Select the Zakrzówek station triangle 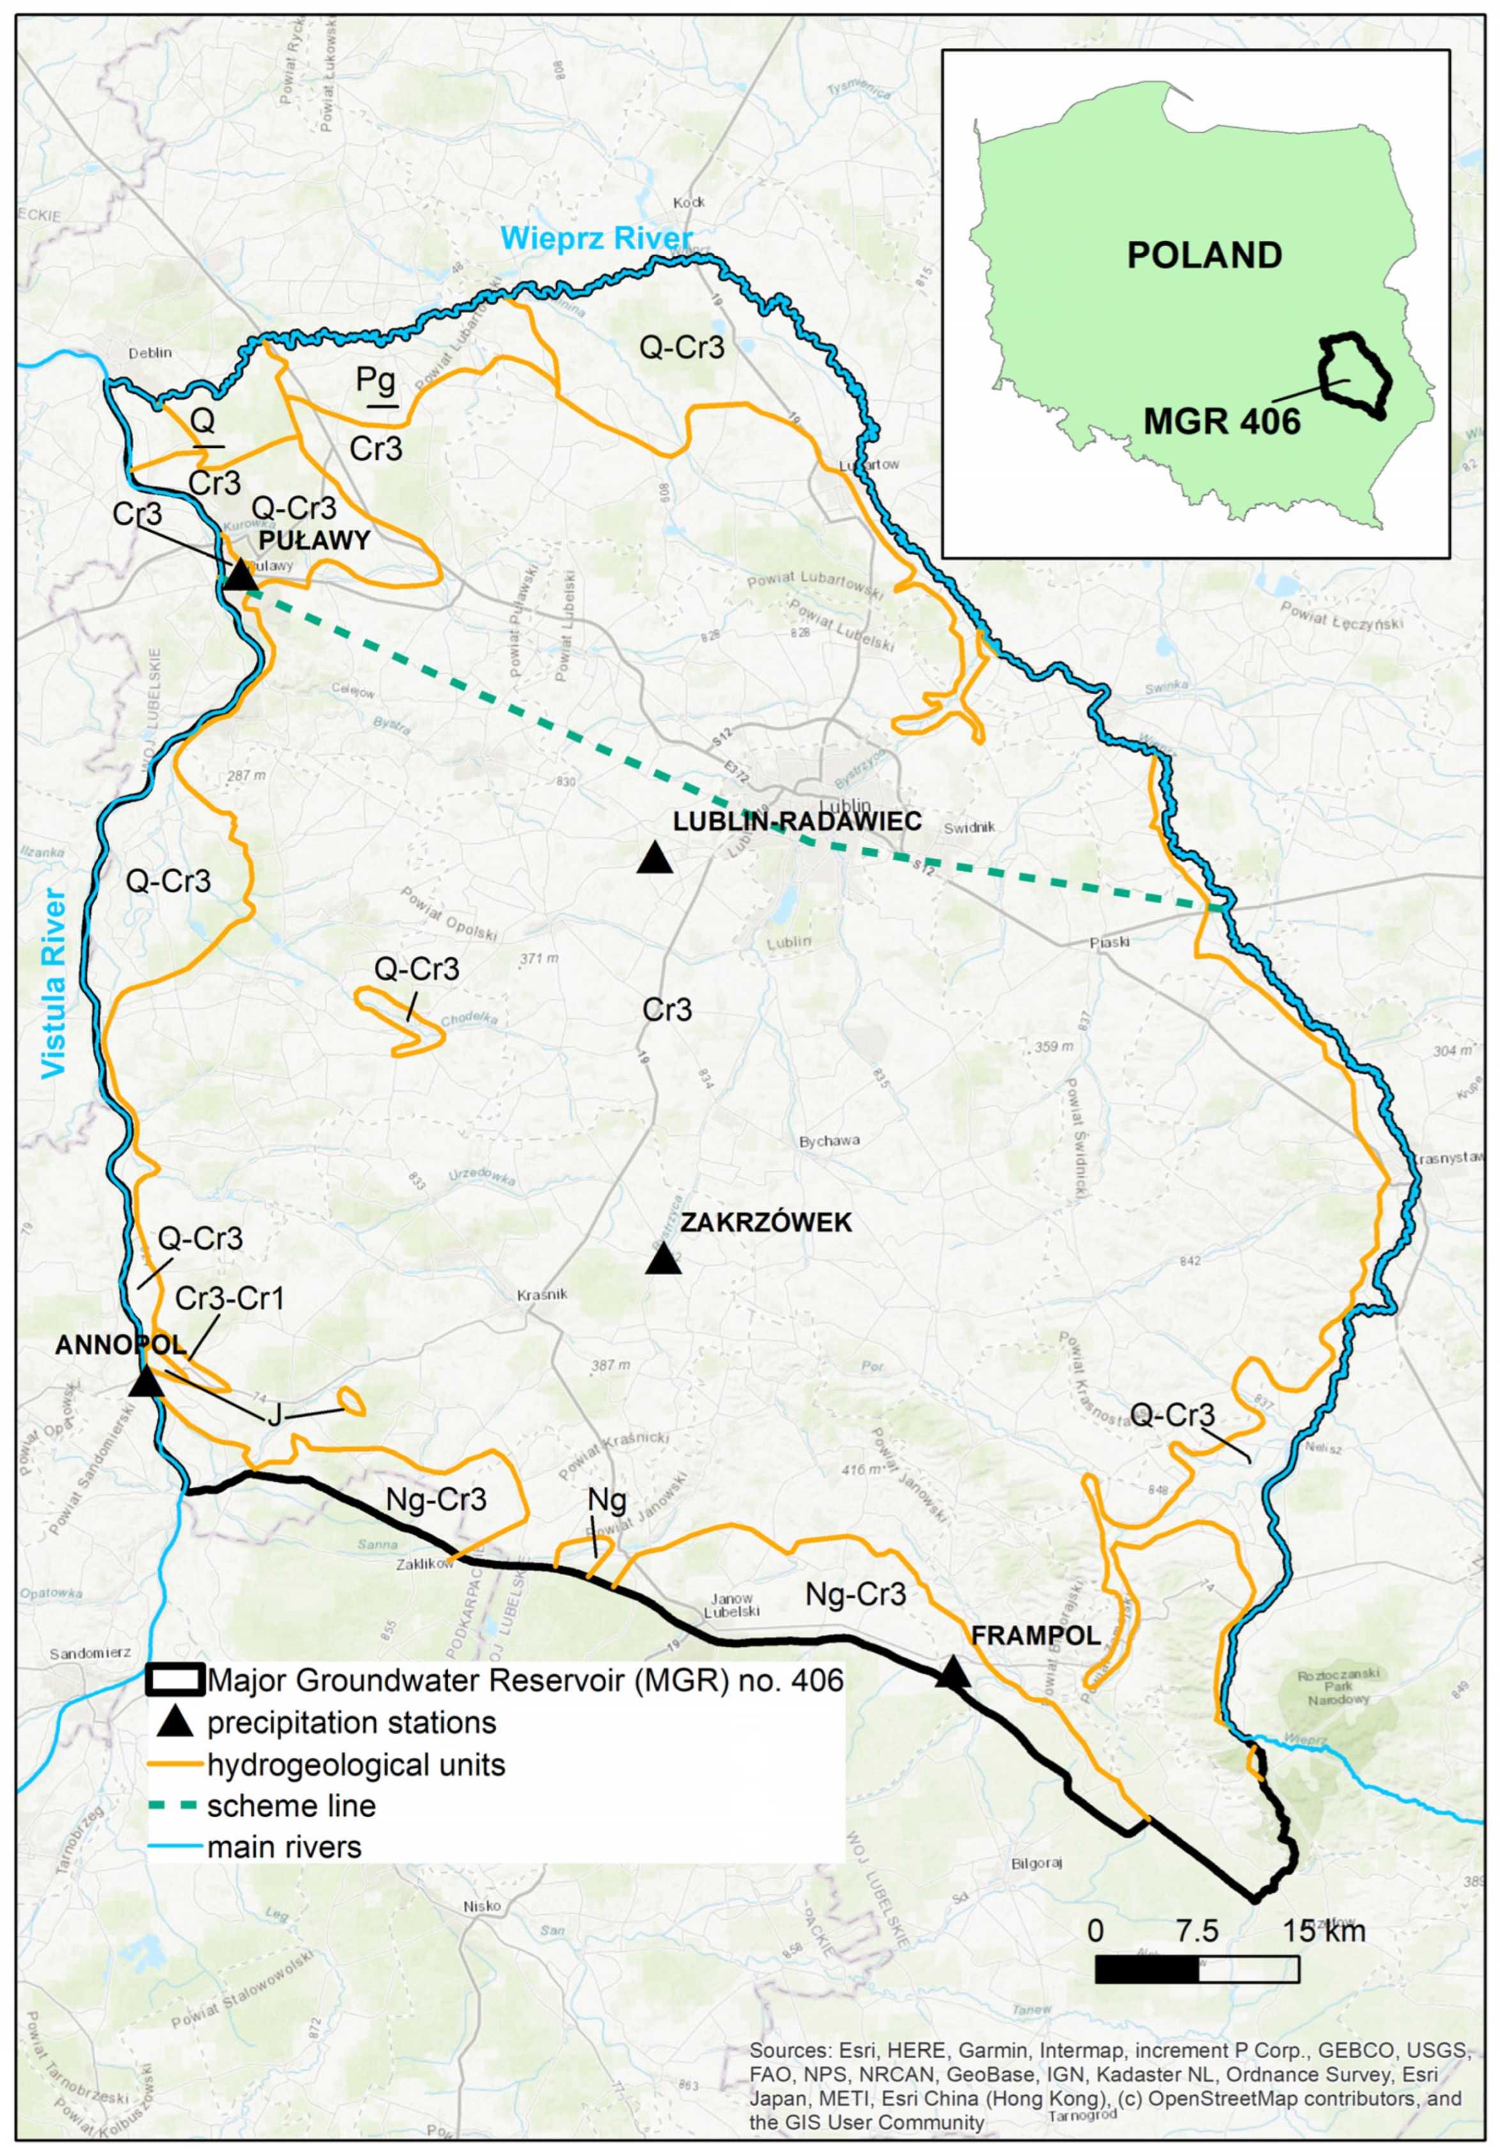coord(664,1259)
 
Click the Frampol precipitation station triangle coord(953,1671)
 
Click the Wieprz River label coord(596,238)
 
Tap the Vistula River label coord(54,982)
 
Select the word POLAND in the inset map coord(1204,256)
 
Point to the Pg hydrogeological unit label coord(376,380)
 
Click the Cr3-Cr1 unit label coord(229,1299)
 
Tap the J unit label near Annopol coord(274,1415)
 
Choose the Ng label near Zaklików coord(606,1500)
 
